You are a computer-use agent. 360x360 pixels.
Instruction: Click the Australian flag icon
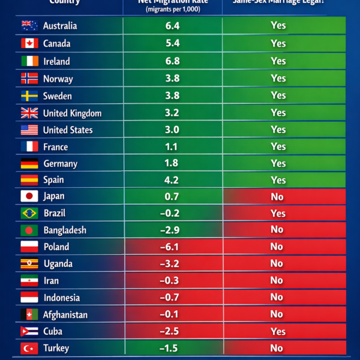click(x=29, y=26)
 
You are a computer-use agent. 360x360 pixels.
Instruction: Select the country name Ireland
click(x=56, y=61)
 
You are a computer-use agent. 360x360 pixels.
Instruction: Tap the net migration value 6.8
click(x=172, y=61)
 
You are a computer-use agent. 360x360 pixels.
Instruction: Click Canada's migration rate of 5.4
click(x=172, y=44)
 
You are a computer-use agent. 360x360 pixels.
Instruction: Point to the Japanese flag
click(x=29, y=196)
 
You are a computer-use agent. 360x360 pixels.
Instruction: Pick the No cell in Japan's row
click(x=277, y=197)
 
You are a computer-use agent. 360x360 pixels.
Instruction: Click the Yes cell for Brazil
click(x=278, y=213)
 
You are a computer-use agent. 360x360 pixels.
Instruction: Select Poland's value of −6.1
click(x=172, y=247)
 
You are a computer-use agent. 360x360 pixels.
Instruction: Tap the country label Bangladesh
click(x=65, y=230)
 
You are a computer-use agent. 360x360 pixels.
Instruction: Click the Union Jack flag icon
click(x=29, y=113)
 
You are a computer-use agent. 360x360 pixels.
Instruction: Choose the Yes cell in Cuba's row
click(x=278, y=331)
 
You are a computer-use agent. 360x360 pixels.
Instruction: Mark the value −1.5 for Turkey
click(x=172, y=349)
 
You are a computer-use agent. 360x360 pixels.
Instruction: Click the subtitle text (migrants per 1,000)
click(x=172, y=10)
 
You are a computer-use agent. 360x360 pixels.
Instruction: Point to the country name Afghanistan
click(x=65, y=314)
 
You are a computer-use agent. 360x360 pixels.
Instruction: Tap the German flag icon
click(x=29, y=164)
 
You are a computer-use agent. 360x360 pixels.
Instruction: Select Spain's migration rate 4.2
click(x=172, y=179)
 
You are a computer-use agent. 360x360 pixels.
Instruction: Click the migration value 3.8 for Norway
click(x=172, y=79)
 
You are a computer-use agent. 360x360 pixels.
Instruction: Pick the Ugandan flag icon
click(x=29, y=264)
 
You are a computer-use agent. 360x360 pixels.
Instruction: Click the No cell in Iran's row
click(x=277, y=280)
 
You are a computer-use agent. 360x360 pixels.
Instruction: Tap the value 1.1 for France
click(x=172, y=147)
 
